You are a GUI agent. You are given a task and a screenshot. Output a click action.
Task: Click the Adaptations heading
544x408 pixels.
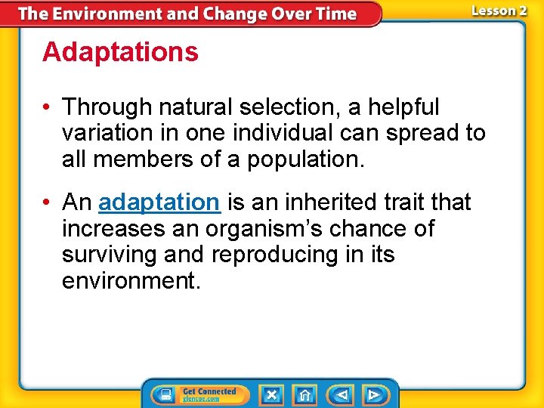pyautogui.click(x=120, y=53)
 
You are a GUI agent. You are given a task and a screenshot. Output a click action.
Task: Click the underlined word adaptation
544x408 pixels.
pyautogui.click(x=159, y=202)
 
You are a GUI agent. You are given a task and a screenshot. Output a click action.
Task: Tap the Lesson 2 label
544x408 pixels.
pyautogui.click(x=499, y=11)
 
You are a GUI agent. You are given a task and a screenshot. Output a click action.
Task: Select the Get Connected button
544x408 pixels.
pyautogui.click(x=200, y=394)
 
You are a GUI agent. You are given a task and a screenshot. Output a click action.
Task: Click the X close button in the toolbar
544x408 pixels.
pyautogui.click(x=271, y=394)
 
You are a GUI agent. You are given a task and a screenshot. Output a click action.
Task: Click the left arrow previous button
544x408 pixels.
pyautogui.click(x=342, y=394)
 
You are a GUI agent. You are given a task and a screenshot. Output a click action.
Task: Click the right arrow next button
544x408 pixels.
pyautogui.click(x=373, y=394)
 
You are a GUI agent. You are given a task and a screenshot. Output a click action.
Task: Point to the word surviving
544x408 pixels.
pyautogui.click(x=109, y=255)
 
